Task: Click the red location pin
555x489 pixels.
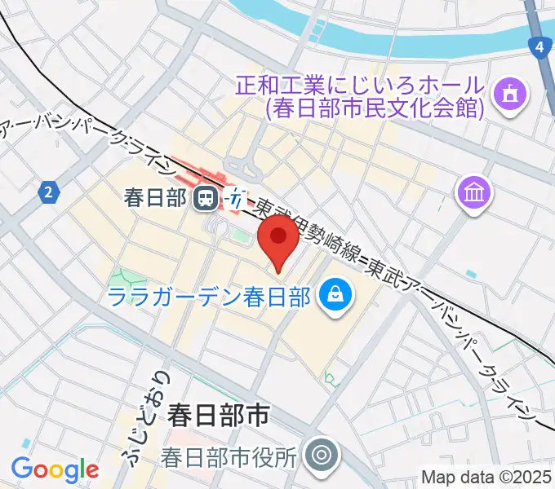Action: [278, 241]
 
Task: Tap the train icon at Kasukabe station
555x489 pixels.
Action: [204, 196]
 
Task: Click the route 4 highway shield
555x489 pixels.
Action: [539, 49]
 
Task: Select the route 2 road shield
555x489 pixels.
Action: [50, 193]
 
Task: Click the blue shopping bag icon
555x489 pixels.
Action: [334, 295]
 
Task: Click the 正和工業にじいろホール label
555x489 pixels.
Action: [360, 84]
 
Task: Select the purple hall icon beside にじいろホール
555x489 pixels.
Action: [511, 95]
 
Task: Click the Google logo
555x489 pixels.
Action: [55, 470]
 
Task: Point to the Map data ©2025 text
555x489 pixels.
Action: [487, 478]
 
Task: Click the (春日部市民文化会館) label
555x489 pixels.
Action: [375, 107]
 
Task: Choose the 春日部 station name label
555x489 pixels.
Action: [156, 196]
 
